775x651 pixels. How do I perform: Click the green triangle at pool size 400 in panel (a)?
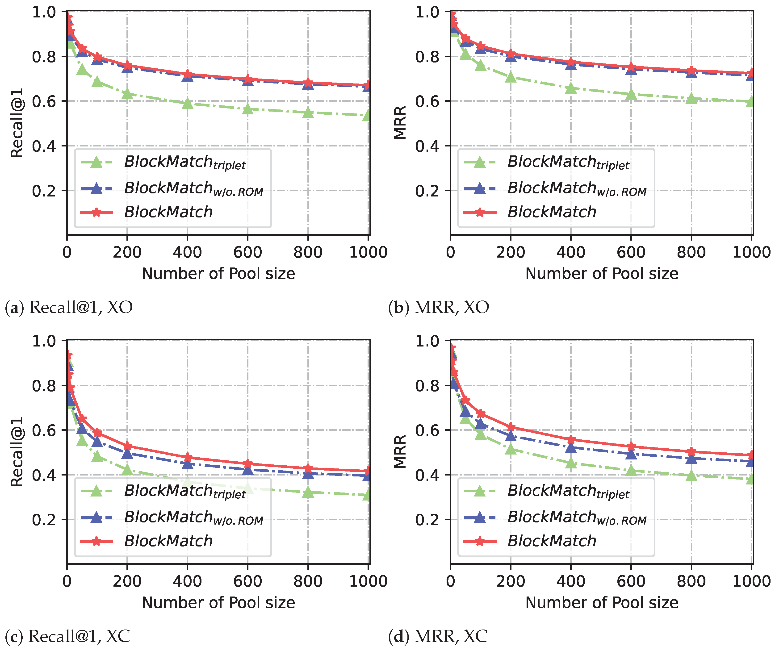(188, 104)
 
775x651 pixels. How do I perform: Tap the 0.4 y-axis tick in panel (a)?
(44, 146)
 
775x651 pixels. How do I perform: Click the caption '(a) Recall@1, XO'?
(69, 307)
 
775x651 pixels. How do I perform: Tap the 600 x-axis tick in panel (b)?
(631, 252)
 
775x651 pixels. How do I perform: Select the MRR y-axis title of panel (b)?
(400, 123)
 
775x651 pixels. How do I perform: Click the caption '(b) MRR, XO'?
(438, 307)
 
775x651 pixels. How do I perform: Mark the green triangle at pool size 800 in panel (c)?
(308, 492)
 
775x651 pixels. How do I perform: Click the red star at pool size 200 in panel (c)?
(127, 446)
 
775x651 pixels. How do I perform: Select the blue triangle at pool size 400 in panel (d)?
(571, 448)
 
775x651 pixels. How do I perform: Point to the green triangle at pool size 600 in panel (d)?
(631, 471)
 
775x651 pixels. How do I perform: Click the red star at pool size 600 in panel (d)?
(631, 447)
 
